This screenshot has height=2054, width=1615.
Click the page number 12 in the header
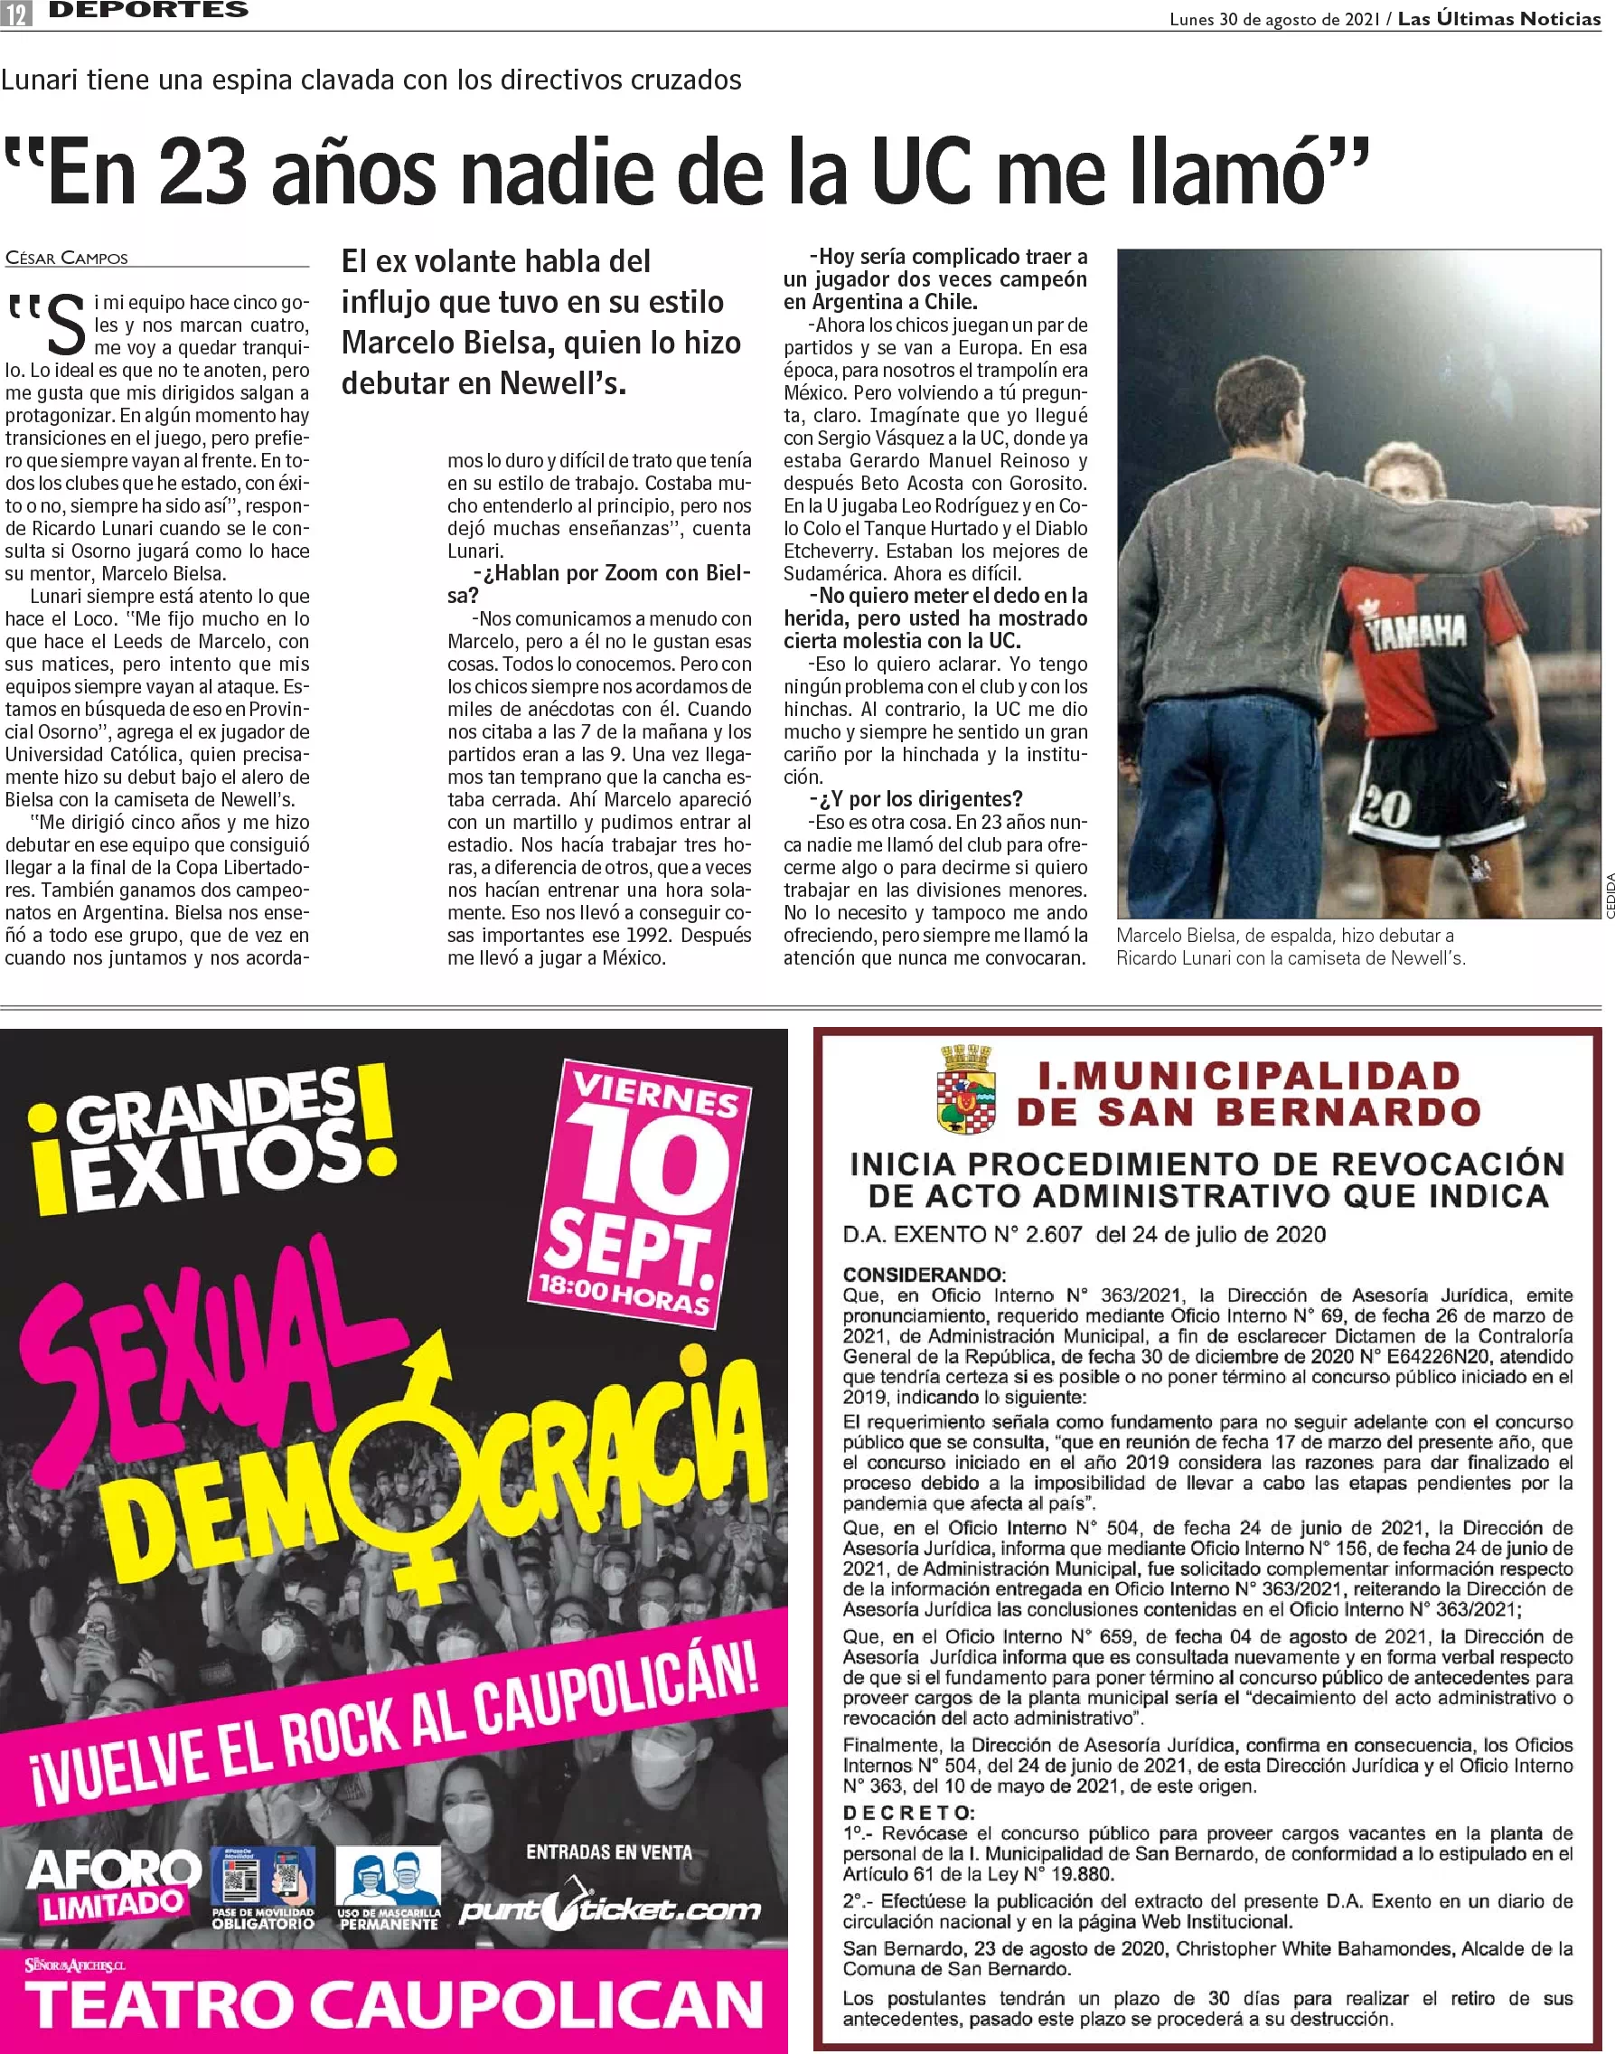(x=18, y=14)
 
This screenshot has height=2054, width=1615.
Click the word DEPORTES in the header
(x=148, y=11)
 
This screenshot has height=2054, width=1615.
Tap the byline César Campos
(x=66, y=259)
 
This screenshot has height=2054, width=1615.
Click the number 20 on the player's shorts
(x=1385, y=807)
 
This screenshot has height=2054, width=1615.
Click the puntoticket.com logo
(x=609, y=1909)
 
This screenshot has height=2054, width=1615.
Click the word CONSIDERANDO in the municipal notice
(x=923, y=1274)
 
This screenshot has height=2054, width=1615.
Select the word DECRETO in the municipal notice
(x=907, y=1813)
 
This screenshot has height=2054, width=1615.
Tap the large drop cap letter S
(x=66, y=325)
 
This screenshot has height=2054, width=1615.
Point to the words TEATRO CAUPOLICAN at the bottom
(x=393, y=2005)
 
